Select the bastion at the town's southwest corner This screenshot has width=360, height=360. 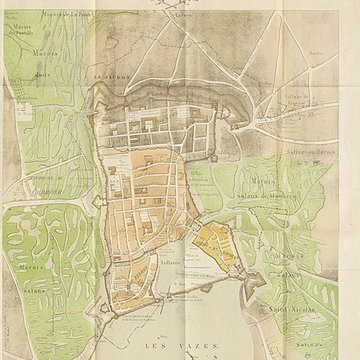pyautogui.click(x=112, y=300)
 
